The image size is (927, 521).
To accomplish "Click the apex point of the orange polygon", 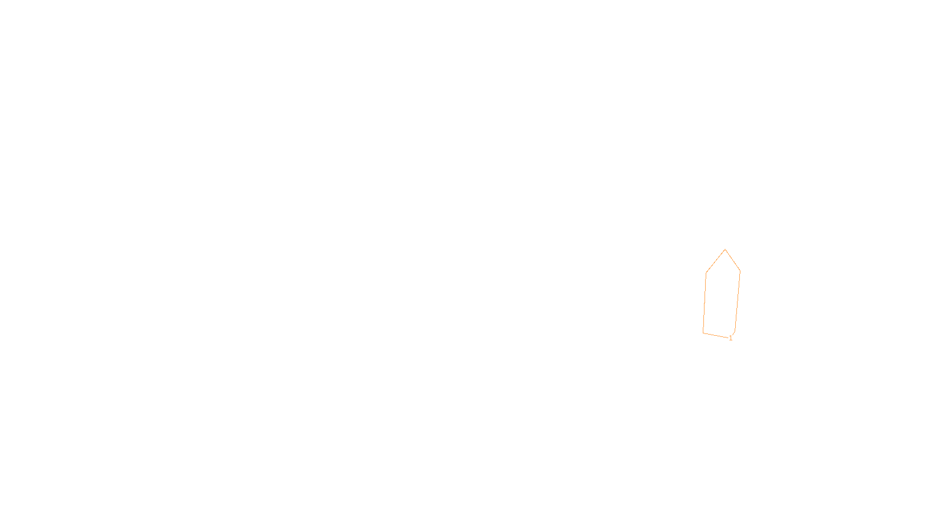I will click(725, 250).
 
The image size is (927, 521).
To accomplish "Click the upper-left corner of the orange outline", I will click(706, 273).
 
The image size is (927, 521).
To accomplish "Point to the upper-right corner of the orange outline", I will click(740, 270).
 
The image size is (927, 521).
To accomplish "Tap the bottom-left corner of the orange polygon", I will click(703, 333).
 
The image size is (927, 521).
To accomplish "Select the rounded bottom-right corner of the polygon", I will click(734, 333).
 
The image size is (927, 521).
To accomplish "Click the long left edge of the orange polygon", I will click(705, 303).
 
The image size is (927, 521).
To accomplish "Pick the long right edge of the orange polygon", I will click(738, 301).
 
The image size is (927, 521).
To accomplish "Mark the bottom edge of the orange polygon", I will click(716, 335).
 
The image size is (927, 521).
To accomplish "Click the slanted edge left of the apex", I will click(716, 261).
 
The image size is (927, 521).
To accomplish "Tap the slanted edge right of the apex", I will click(733, 260).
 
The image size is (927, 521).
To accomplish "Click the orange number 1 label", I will click(731, 338).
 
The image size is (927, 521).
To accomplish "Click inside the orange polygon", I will click(721, 298).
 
